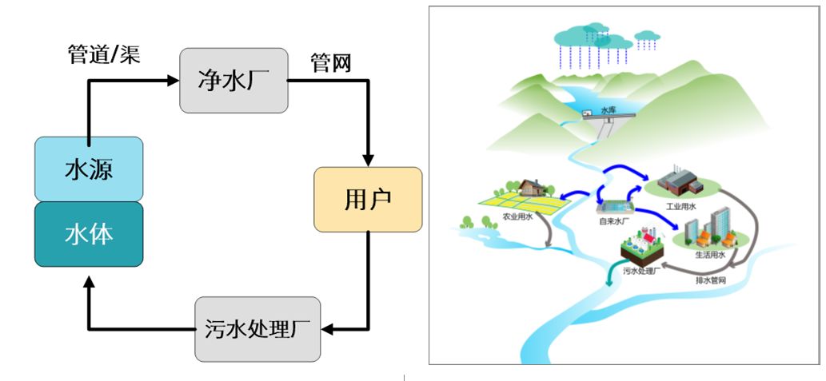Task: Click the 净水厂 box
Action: point(233,80)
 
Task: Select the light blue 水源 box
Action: point(89,169)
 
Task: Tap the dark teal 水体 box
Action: point(89,234)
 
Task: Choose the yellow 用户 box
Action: point(368,200)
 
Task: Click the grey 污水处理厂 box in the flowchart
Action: point(257,328)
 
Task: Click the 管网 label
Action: point(330,63)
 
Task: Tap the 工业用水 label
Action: point(681,206)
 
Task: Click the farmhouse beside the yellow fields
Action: point(531,187)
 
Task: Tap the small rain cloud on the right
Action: point(647,35)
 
